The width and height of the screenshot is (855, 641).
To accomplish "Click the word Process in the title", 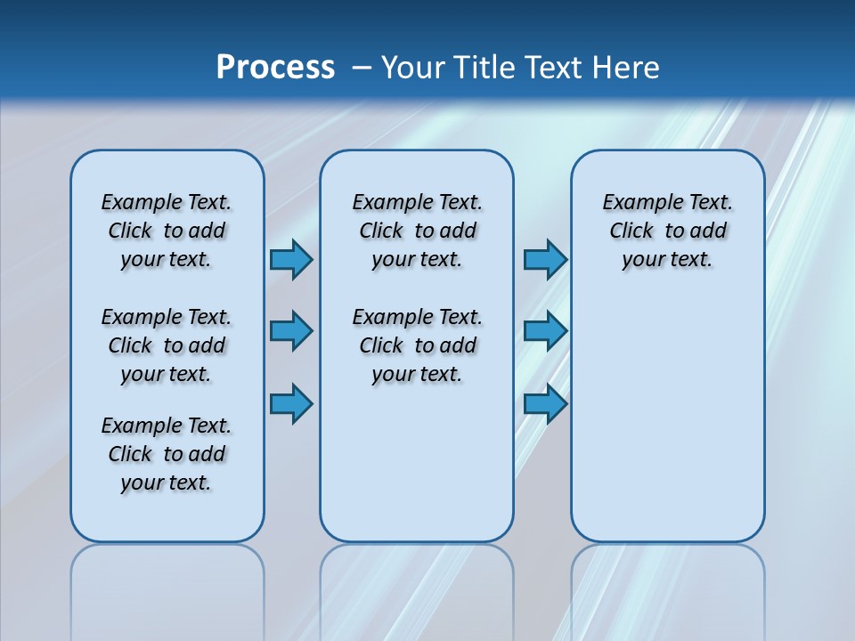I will point(275,68).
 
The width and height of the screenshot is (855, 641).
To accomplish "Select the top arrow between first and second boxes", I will point(291,260).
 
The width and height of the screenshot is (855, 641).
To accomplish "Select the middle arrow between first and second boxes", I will point(291,331).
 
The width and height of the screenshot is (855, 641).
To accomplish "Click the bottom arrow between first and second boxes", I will point(291,404).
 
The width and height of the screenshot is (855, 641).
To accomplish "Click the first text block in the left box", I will point(167,231).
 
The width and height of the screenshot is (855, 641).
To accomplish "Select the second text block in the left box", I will point(167,345).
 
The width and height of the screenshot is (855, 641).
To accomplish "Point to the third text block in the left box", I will point(167,454).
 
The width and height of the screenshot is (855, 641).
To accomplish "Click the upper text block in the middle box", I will point(417,231).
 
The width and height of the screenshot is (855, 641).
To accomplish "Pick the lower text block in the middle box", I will point(417,345).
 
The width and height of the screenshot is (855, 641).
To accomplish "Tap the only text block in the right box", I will point(667,231).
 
